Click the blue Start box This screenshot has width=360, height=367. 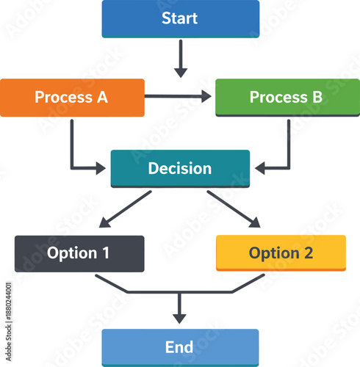(x=180, y=18)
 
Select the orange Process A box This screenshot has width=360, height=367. (x=72, y=97)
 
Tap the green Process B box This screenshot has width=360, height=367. (x=287, y=97)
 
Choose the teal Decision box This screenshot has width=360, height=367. (x=180, y=168)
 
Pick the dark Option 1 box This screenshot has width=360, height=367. (x=79, y=253)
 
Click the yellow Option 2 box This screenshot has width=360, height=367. (x=281, y=253)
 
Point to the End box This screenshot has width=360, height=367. (x=180, y=347)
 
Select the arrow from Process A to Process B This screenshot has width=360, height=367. (x=178, y=96)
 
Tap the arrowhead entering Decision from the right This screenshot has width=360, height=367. (x=260, y=169)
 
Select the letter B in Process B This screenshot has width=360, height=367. (x=317, y=97)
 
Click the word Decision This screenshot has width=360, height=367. (x=180, y=168)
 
